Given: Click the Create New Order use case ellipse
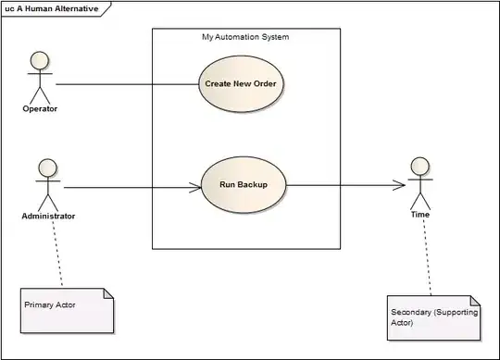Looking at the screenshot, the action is click(241, 84).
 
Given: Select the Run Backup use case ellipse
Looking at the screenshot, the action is click(244, 185).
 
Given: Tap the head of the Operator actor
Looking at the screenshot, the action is click(40, 60).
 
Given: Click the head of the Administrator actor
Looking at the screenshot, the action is click(48, 168).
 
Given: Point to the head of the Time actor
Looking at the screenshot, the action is click(420, 167).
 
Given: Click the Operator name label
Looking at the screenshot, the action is click(40, 108).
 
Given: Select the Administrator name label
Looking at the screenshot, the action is click(48, 216).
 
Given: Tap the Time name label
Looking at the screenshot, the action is click(420, 215).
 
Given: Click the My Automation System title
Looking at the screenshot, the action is click(245, 37).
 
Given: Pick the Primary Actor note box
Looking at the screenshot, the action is click(67, 311).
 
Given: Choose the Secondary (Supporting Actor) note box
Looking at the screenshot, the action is click(433, 318).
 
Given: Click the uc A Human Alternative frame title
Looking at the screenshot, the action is click(52, 8).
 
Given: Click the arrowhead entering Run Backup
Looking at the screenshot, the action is click(195, 187).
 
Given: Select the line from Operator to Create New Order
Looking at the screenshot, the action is click(127, 84).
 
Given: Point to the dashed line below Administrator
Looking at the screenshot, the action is click(57, 254).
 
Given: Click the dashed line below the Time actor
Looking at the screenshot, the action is click(427, 257).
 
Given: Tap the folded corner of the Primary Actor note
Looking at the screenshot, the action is click(108, 293).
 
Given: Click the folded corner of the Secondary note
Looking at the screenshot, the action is click(475, 301).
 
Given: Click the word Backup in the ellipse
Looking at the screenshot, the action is click(253, 185).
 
